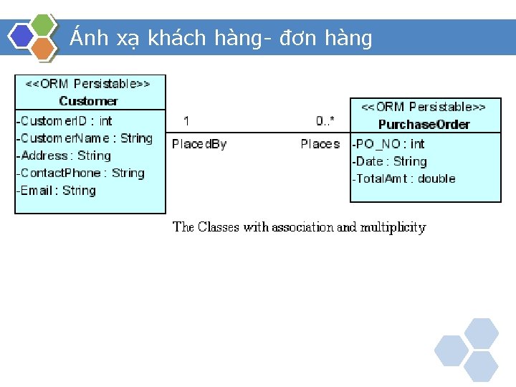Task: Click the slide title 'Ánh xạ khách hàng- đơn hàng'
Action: coord(221,37)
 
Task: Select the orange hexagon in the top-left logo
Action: coord(44,48)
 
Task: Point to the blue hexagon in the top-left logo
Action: coord(21,36)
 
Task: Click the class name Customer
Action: coord(88,101)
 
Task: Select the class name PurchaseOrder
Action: coord(424,124)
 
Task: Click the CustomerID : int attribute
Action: coord(64,120)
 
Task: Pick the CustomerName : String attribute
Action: coord(85,138)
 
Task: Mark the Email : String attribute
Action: coord(56,190)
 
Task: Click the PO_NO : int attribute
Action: coord(388,144)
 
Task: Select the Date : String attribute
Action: coord(389,161)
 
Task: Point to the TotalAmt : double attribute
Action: coord(403,178)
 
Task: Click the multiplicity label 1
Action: coord(186,120)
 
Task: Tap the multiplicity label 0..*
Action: coord(325,120)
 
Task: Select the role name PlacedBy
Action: coord(199,144)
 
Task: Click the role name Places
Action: coord(320,144)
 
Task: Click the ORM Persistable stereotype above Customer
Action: coord(88,84)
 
